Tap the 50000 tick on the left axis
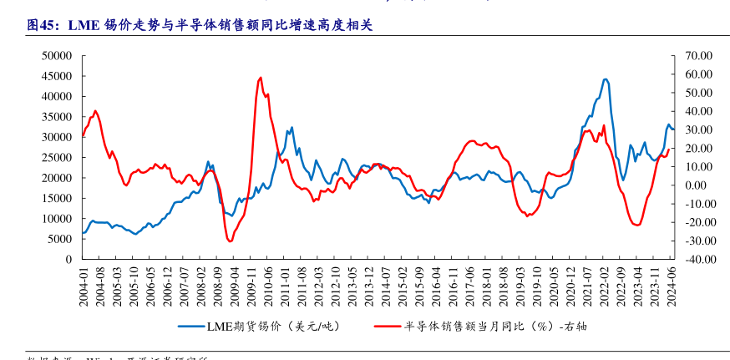(58, 56)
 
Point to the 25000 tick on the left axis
(58, 158)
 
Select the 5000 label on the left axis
(60, 239)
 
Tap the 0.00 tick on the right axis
(698, 185)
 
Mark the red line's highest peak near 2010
(261, 78)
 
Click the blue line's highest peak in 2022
(606, 79)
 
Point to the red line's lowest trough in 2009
(230, 241)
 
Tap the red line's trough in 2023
(637, 225)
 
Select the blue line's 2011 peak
(291, 128)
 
